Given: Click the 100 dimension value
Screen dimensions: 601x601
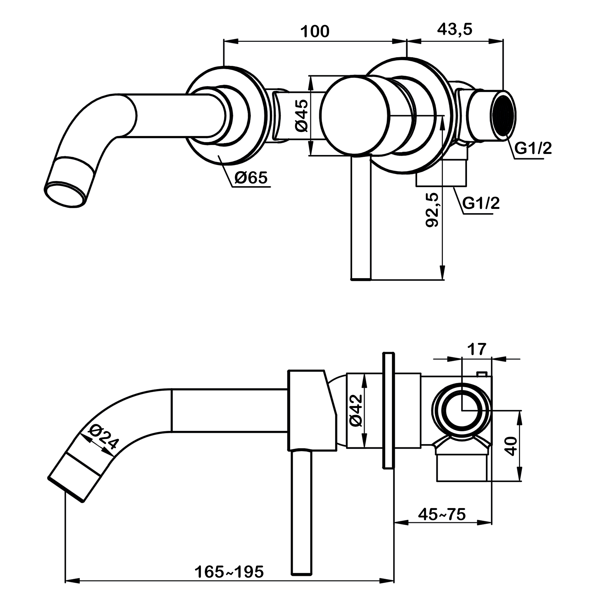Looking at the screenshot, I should tap(314, 32).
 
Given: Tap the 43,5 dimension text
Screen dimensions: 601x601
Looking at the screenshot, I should tap(454, 30).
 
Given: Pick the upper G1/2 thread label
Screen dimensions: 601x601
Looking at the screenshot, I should tap(533, 148).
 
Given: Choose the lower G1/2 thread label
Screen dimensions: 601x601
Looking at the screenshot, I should tap(481, 203).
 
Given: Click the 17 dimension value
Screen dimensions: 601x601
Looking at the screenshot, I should tap(477, 349).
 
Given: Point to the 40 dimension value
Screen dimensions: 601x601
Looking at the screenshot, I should tap(511, 446).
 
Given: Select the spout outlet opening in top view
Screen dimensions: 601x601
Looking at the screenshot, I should tap(65, 194).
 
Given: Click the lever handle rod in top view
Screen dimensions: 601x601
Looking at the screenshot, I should tap(361, 218).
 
